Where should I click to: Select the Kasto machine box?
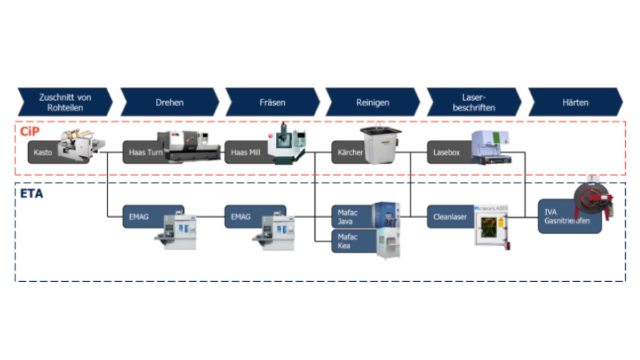(44, 152)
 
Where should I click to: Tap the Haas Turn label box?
(144, 152)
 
